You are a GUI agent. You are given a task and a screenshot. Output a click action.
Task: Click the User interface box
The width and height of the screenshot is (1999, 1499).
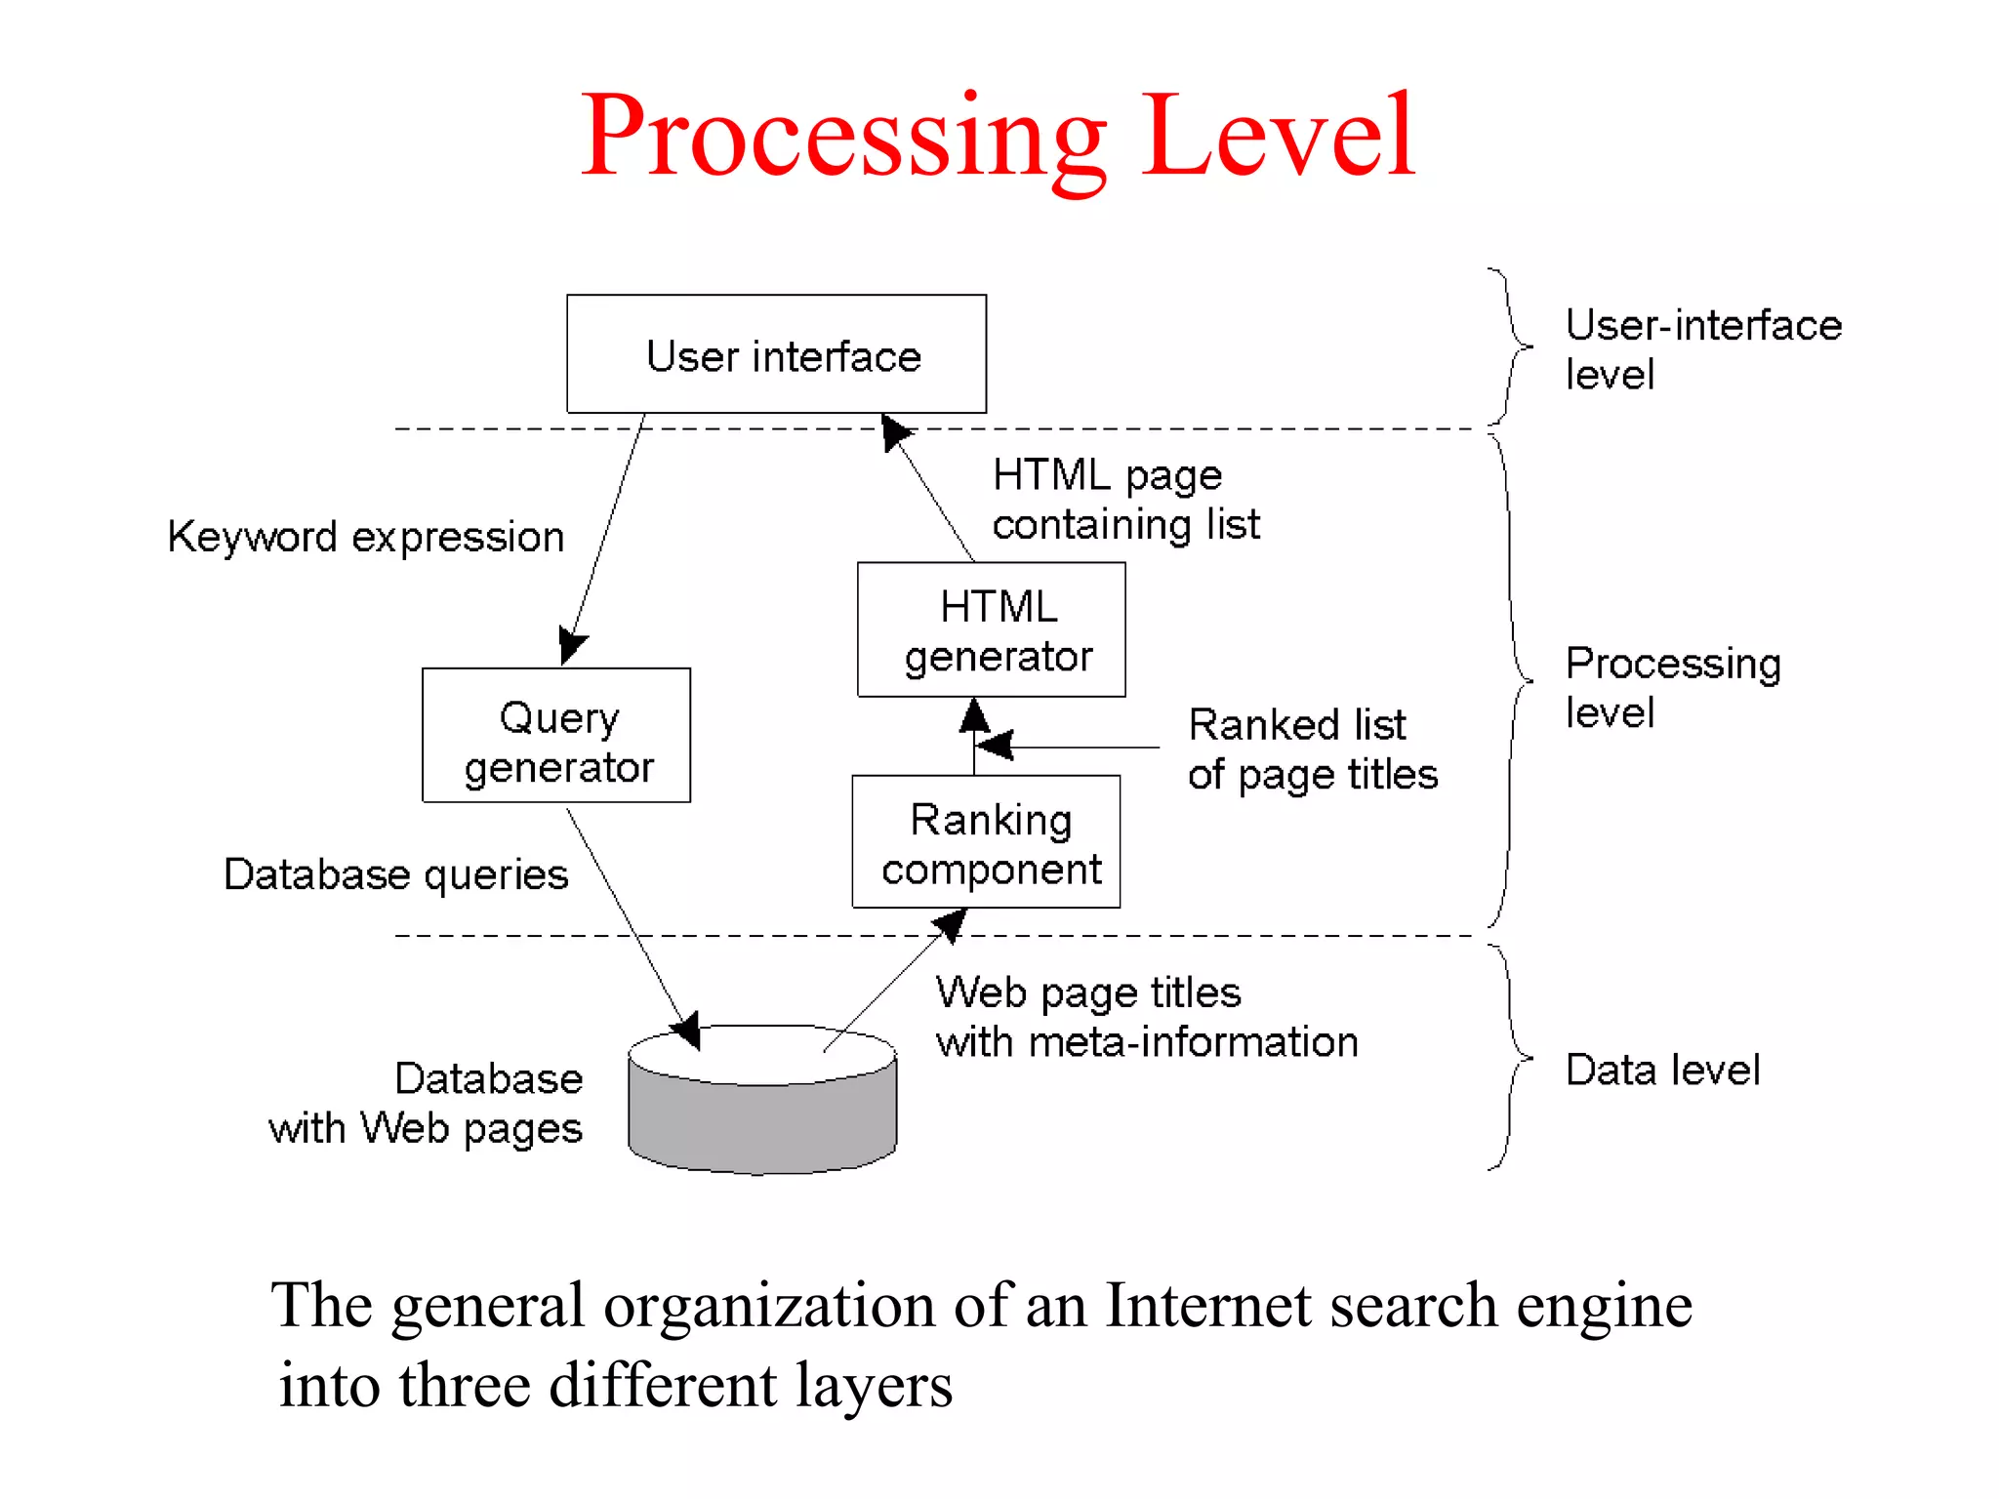(x=776, y=354)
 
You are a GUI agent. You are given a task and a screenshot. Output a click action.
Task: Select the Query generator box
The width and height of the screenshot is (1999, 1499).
(x=556, y=736)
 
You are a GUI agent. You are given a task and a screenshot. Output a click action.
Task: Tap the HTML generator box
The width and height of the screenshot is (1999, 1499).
(x=992, y=630)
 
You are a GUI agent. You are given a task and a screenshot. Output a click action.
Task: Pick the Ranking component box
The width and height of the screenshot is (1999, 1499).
(x=987, y=842)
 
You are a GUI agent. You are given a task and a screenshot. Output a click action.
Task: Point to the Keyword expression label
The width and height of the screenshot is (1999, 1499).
(x=366, y=537)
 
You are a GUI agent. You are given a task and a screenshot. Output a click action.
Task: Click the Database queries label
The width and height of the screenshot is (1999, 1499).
(x=395, y=874)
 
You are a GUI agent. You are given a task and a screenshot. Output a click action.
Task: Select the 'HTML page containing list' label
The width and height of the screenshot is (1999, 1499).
(x=1125, y=500)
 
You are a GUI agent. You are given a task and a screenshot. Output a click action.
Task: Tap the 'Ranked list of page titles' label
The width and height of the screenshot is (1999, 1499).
(x=1312, y=749)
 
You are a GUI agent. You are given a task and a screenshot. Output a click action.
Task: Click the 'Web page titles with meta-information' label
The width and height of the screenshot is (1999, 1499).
(x=1146, y=1017)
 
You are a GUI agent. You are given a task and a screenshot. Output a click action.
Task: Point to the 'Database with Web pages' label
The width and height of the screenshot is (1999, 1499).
(x=427, y=1104)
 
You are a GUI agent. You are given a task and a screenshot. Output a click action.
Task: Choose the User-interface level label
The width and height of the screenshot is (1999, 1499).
(x=1702, y=349)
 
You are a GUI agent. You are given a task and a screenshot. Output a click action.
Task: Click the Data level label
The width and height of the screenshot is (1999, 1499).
(x=1662, y=1071)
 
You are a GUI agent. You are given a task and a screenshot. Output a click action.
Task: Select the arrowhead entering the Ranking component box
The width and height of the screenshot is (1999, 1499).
(x=951, y=923)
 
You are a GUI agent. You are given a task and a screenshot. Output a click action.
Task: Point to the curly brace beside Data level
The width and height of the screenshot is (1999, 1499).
(x=1513, y=1058)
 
